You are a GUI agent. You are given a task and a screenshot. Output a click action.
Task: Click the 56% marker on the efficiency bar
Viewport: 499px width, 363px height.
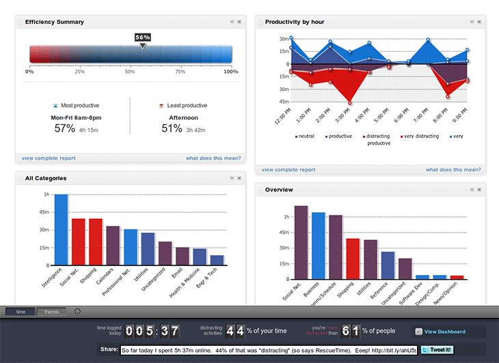click(142, 38)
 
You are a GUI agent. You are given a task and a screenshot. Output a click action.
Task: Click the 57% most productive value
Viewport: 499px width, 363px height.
click(64, 128)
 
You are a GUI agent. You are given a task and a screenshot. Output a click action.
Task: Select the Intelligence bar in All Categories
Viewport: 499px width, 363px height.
click(61, 230)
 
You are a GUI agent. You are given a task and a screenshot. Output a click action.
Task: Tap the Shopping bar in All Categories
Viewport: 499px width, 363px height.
click(96, 242)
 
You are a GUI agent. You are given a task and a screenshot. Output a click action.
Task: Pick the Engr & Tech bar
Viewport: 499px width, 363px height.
click(217, 260)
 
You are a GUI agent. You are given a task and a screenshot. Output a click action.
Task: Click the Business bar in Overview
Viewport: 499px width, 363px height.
click(318, 246)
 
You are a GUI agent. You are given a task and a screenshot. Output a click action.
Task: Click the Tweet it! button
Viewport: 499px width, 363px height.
click(435, 350)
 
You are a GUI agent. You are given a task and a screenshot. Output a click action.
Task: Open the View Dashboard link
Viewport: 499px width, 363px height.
click(444, 332)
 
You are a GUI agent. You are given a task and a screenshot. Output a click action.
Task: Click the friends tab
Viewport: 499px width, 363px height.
click(52, 312)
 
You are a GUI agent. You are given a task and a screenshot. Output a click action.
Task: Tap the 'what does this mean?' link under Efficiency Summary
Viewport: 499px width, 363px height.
click(213, 158)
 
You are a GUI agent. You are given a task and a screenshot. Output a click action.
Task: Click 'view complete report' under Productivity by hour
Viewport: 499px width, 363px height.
click(288, 169)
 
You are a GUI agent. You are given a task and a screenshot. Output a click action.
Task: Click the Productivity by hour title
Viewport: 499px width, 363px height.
click(295, 22)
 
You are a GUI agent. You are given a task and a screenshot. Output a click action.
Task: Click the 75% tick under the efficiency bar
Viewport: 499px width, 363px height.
click(180, 72)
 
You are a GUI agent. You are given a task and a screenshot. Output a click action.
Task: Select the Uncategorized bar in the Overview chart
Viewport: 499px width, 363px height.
click(405, 269)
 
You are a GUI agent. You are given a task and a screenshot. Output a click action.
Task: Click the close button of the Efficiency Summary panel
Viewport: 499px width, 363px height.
click(239, 23)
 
